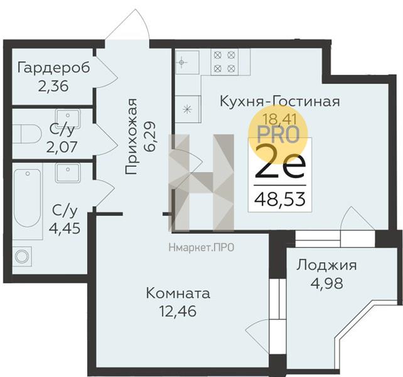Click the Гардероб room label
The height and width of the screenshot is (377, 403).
pyautogui.click(x=54, y=67)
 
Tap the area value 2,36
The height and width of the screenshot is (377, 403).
pyautogui.click(x=54, y=85)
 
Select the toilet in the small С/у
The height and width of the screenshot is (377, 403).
pyautogui.click(x=24, y=133)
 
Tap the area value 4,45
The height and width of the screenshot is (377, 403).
pyautogui.click(x=66, y=227)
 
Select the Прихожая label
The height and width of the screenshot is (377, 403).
pyautogui.click(x=131, y=136)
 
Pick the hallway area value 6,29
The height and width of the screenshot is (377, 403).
pyautogui.click(x=150, y=133)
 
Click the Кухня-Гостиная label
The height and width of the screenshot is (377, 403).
pyautogui.click(x=280, y=101)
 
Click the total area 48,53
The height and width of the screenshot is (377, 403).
pyautogui.click(x=280, y=200)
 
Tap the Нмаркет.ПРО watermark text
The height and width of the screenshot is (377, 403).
pyautogui.click(x=201, y=247)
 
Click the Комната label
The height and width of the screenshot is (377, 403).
pyautogui.click(x=178, y=293)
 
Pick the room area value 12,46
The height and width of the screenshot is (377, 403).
pyautogui.click(x=178, y=310)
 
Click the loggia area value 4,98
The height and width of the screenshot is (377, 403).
pyautogui.click(x=326, y=282)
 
